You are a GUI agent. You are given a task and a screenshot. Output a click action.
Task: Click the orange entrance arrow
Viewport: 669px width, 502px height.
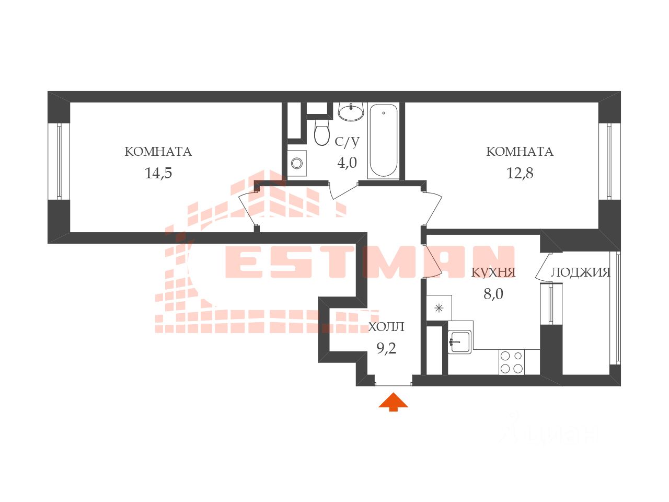click(393, 402)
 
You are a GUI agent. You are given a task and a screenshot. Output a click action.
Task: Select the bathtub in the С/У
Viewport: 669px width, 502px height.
click(383, 140)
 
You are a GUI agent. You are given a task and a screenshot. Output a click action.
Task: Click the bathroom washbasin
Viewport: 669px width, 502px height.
click(351, 111)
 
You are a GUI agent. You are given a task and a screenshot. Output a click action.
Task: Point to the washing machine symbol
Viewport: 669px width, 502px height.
click(297, 163)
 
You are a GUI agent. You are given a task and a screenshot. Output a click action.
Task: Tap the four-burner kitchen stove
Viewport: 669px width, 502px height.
click(512, 362)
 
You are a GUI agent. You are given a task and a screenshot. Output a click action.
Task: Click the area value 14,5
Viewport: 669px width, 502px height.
click(158, 173)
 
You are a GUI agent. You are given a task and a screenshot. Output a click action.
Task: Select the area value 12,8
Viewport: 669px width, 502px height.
click(520, 173)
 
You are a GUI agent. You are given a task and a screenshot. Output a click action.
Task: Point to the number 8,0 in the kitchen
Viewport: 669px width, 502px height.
click(493, 294)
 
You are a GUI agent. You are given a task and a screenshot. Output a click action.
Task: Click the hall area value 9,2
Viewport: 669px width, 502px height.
click(386, 348)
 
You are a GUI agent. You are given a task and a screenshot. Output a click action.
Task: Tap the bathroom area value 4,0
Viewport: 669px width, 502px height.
click(347, 163)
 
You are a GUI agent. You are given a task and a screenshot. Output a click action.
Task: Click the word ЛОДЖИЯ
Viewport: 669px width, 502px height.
click(581, 272)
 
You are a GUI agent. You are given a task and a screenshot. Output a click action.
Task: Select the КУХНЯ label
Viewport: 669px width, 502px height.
click(493, 272)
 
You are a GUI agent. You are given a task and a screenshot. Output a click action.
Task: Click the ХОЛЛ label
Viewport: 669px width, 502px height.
click(386, 327)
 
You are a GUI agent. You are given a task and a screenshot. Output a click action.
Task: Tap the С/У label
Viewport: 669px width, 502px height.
click(347, 141)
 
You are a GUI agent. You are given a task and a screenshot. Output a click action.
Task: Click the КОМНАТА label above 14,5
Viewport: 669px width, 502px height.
click(158, 152)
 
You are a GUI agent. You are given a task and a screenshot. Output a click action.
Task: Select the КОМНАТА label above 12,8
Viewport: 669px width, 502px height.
click(520, 152)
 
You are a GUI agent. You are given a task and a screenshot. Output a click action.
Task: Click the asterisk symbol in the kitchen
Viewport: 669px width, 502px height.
click(439, 308)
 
